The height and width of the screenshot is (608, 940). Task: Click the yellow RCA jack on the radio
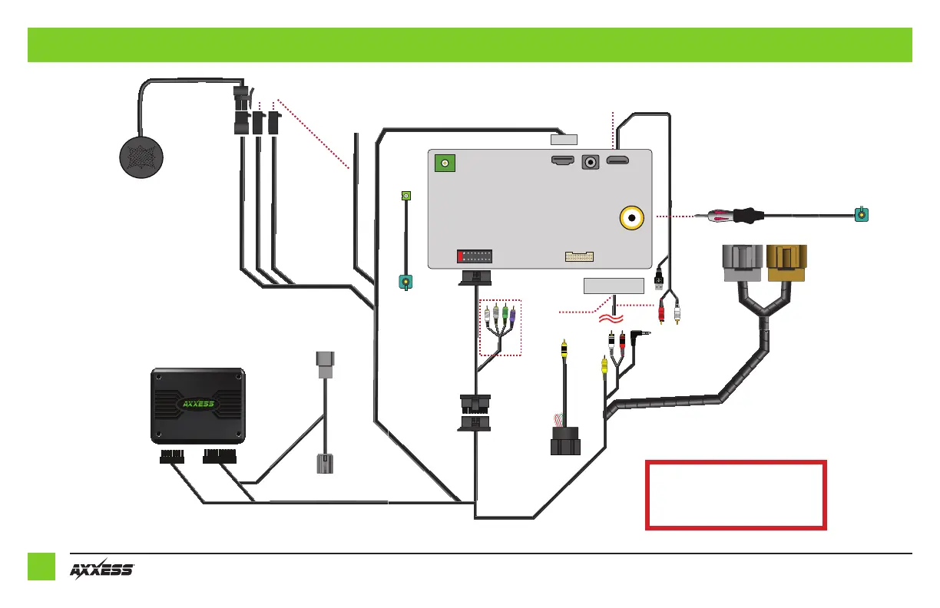633,219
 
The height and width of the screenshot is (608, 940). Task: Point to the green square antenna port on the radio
445,163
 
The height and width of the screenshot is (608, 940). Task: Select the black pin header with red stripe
475,256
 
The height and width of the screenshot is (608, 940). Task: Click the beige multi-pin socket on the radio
580,256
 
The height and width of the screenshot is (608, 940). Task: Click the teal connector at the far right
863,214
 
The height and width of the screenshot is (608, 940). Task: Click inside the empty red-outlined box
736,495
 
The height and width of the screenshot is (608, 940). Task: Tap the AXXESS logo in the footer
102,570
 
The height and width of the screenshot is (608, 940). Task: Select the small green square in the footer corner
41,567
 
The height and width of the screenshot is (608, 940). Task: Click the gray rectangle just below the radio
613,286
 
